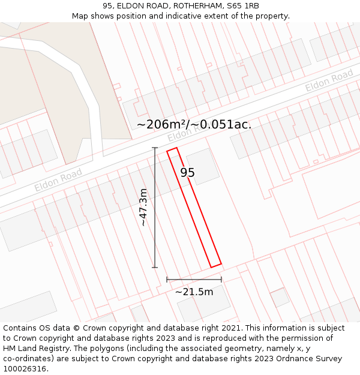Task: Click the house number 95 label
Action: point(187,173)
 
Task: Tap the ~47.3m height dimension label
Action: point(143,207)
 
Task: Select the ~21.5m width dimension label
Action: point(194,292)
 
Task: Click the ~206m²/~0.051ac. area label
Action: point(194,125)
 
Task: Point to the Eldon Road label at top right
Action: point(329,81)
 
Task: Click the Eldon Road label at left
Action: point(58,180)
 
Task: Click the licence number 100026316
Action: point(25,369)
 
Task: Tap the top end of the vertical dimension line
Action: point(155,148)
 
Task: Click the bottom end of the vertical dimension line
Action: point(155,267)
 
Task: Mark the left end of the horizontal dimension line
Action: point(167,279)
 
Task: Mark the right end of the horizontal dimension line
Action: point(221,279)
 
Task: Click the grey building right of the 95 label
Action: point(202,166)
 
